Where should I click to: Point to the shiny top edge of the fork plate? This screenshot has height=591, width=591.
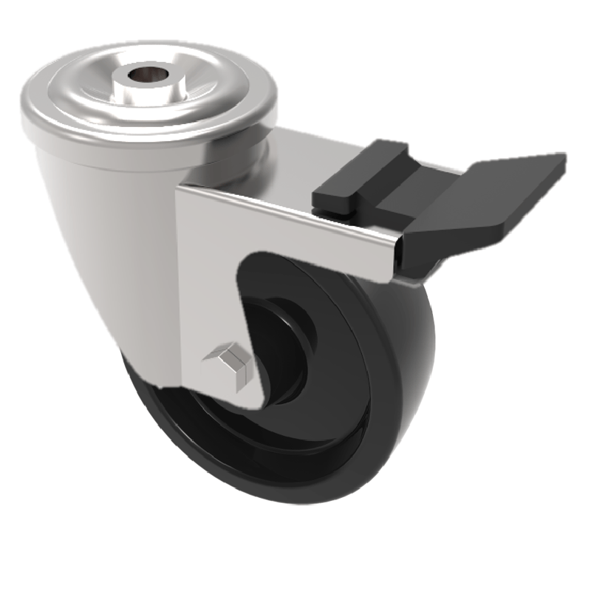(x=295, y=214)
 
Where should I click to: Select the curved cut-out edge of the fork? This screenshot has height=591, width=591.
(x=240, y=295)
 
